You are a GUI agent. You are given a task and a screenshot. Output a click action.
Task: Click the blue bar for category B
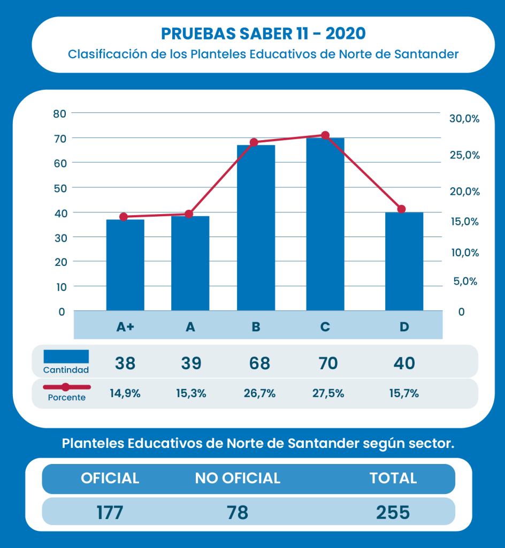tap(256, 227)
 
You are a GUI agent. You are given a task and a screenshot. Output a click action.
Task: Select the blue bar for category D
tap(404, 261)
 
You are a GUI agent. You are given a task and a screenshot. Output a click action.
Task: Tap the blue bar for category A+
tap(125, 265)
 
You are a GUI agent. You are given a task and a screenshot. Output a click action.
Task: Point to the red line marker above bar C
tap(325, 135)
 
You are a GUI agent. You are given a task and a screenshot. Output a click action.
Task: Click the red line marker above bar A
tap(189, 214)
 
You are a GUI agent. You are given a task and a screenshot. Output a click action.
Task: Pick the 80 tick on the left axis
tap(59, 113)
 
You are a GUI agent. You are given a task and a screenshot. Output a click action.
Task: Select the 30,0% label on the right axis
tap(464, 119)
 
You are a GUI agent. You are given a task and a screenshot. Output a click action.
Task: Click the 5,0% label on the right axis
tap(465, 281)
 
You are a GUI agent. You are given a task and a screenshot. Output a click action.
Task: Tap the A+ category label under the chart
tap(125, 326)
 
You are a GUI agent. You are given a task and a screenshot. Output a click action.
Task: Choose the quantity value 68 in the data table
tap(259, 363)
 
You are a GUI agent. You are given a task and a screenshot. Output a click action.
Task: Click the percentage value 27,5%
tap(328, 394)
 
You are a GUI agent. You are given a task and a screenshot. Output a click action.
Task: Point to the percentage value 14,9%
tap(125, 394)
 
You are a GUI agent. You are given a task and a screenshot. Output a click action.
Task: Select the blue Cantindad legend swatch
tap(66, 356)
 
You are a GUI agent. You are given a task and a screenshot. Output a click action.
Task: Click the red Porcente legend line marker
tap(66, 386)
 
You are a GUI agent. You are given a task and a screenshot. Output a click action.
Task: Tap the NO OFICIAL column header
tap(238, 478)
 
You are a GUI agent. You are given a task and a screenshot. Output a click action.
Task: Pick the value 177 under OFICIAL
tap(110, 512)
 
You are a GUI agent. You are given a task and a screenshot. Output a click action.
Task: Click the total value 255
tap(393, 512)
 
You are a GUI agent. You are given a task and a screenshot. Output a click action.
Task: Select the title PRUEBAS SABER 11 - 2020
tap(263, 34)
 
